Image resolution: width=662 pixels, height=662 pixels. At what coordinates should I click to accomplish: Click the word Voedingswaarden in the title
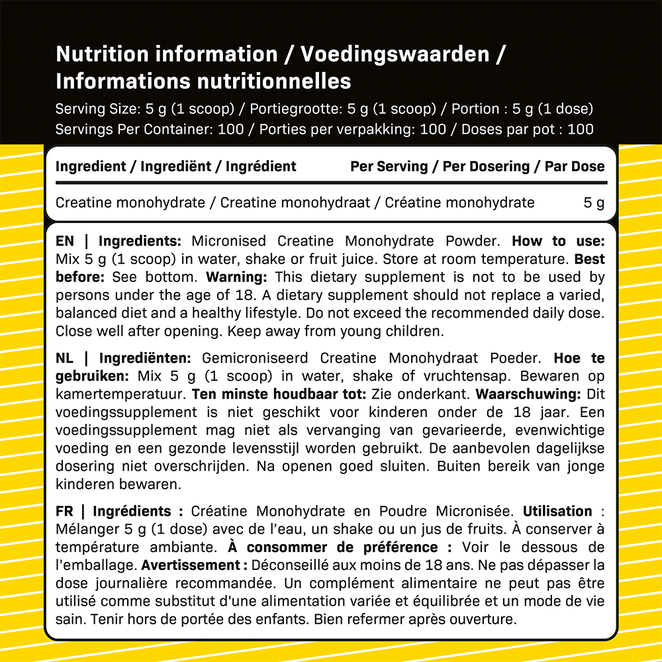click(395, 54)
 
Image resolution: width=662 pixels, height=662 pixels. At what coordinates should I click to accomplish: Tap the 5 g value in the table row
click(594, 203)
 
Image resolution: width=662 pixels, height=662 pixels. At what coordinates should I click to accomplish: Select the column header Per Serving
click(389, 166)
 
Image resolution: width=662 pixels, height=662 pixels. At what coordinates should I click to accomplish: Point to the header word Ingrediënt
click(178, 166)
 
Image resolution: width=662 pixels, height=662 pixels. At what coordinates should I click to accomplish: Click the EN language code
click(65, 242)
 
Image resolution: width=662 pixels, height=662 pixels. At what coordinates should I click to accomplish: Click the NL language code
click(65, 358)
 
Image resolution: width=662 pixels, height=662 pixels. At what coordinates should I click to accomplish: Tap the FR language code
click(64, 511)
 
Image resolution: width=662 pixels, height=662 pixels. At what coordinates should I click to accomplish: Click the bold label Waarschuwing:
click(528, 394)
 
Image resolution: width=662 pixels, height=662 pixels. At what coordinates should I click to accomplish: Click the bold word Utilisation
click(557, 511)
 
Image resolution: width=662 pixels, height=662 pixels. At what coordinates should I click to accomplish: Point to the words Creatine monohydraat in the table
click(295, 203)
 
